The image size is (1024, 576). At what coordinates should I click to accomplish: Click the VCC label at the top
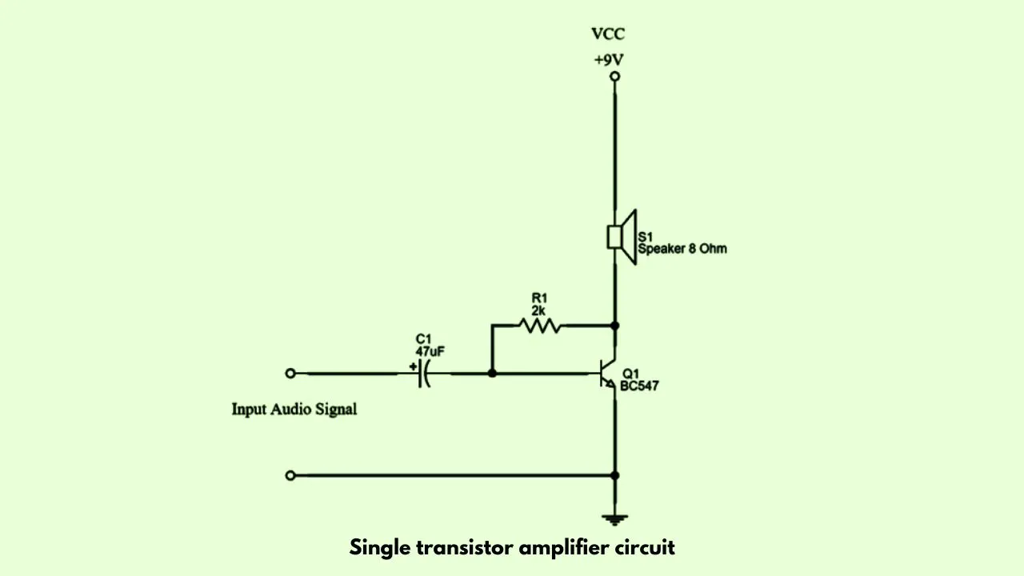click(608, 34)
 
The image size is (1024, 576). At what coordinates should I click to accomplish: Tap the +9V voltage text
click(609, 60)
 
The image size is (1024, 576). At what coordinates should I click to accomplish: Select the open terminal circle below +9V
click(615, 76)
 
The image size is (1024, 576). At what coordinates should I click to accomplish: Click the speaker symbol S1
click(622, 237)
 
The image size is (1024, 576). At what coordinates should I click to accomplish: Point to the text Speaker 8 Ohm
click(682, 249)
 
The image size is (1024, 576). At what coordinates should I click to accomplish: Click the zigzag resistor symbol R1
click(540, 326)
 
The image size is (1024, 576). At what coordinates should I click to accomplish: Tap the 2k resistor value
click(538, 311)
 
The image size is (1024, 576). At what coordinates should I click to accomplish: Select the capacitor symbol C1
click(424, 374)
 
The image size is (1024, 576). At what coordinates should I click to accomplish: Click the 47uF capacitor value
click(430, 351)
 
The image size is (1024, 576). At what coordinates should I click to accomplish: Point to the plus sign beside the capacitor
click(413, 366)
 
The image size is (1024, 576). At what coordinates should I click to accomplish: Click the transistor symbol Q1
click(607, 374)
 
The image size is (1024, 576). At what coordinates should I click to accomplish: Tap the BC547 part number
click(639, 386)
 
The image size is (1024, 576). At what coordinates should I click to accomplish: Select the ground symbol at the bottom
click(615, 520)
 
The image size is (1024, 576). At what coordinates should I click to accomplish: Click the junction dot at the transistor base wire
click(492, 374)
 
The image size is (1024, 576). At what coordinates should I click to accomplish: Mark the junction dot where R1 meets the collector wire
click(615, 326)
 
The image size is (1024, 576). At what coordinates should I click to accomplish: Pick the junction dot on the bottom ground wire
click(615, 475)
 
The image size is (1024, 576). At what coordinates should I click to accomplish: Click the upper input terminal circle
click(290, 374)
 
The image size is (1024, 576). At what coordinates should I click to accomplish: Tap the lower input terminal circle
click(290, 476)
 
